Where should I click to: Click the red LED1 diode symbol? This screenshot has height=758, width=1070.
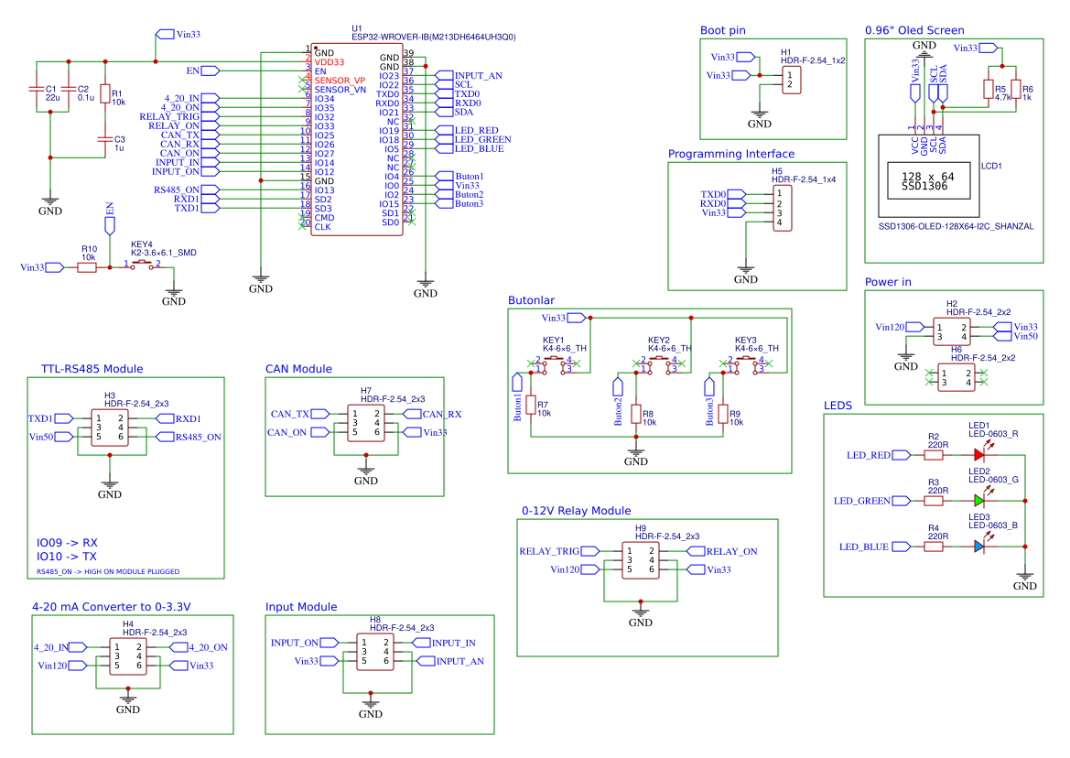pos(978,454)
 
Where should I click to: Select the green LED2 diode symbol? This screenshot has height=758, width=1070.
pos(978,501)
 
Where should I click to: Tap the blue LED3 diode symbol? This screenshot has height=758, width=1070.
pos(978,547)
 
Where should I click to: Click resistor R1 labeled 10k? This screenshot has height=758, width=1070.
pos(104,96)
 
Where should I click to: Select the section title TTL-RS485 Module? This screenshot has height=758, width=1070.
pos(92,369)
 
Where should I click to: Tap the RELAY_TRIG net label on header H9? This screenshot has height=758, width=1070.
pos(549,551)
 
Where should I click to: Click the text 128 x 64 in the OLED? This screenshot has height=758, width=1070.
pos(927,176)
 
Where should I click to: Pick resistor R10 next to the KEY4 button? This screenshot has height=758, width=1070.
pos(88,267)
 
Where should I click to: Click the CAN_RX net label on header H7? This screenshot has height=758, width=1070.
pos(441,415)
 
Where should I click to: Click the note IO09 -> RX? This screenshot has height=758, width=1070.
pos(67,542)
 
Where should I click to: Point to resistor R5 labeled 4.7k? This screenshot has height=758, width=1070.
pos(988,90)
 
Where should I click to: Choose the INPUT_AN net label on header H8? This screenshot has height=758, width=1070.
pos(459,661)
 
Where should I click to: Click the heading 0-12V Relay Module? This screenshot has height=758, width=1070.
pos(576,511)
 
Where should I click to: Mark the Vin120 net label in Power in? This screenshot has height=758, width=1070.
pos(890,327)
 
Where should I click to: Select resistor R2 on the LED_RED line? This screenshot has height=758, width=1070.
pos(934,454)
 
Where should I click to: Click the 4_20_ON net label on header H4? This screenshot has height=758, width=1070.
pos(207,647)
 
